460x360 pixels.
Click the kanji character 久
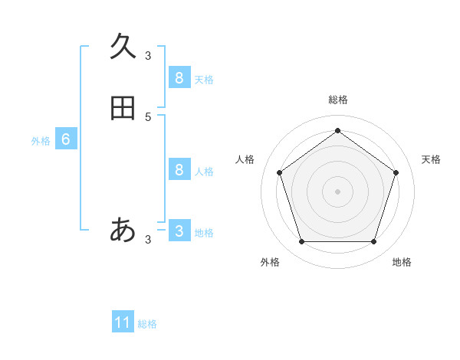[x=123, y=47]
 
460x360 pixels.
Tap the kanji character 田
[x=123, y=108]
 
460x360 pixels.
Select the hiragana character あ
[x=123, y=229]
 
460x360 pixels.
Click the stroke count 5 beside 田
[x=148, y=117]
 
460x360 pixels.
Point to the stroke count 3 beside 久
[x=148, y=56]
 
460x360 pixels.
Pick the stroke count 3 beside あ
[x=148, y=240]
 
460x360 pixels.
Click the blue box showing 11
[x=123, y=322]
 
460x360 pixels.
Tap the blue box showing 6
[x=66, y=139]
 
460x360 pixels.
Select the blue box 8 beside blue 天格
[x=179, y=77]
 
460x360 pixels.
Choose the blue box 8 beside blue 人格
[x=179, y=169]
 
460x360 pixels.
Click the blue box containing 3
[x=179, y=231]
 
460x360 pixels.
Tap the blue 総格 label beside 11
[x=147, y=324]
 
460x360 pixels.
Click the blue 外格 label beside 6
[x=41, y=141]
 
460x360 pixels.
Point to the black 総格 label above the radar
[x=337, y=100]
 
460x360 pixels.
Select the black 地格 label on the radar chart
[x=402, y=262]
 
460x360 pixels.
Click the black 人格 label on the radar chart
[x=245, y=159]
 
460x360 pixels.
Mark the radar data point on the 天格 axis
[x=396, y=172]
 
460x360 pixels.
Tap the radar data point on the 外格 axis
[x=301, y=242]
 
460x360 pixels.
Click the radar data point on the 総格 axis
[x=337, y=131]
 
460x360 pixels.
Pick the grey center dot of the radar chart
[x=337, y=191]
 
